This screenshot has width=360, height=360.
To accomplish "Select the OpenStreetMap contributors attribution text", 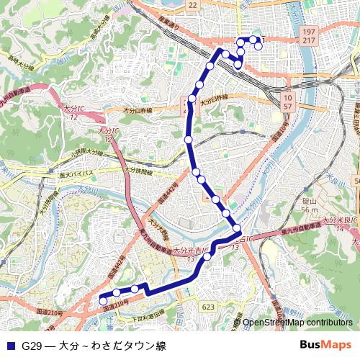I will tap(297, 323).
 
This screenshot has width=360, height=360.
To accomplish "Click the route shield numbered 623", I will tap(208, 307).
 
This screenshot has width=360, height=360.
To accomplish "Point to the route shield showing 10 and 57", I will tap(288, 101).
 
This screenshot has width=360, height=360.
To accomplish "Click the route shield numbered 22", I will tap(192, 5).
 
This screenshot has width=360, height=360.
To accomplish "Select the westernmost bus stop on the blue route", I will tap(102, 300).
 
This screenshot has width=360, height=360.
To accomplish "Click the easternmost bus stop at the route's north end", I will tap(258, 48).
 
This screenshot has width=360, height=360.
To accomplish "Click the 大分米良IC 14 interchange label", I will tap(338, 222).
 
